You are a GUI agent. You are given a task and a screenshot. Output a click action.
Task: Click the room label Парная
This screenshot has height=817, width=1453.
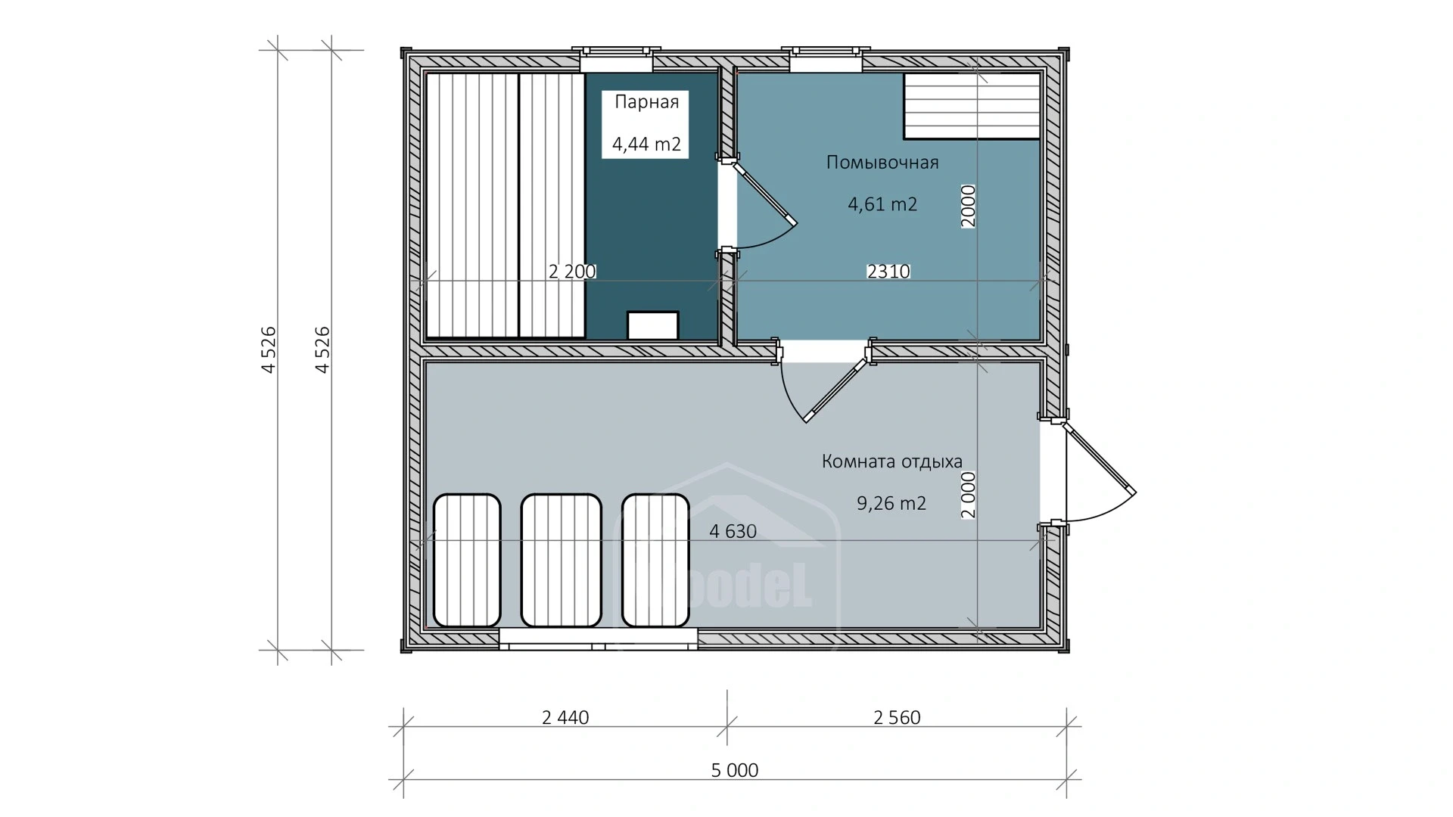coord(646,102)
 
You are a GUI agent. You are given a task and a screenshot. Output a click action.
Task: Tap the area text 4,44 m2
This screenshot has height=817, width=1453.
coord(646,144)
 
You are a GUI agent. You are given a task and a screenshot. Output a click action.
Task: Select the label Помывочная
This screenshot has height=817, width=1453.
coord(882,163)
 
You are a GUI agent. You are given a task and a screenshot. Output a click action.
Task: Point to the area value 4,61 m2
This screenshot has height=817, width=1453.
coord(882,203)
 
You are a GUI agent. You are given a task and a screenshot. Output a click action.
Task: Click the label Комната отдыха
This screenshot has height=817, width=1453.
coord(892,461)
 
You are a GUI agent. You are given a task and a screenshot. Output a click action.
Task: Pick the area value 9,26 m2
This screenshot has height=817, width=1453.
coord(891,503)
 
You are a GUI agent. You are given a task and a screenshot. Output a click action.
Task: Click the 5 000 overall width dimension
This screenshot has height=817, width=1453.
coord(735,770)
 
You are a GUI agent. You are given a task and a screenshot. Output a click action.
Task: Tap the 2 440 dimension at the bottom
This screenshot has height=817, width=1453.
coord(565,717)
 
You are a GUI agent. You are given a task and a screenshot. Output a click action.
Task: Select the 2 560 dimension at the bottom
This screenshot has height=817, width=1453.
coord(897,717)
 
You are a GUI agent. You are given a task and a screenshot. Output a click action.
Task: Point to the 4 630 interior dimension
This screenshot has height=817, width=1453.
coord(733,531)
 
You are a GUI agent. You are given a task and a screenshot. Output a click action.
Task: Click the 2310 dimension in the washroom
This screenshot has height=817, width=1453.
coord(888,271)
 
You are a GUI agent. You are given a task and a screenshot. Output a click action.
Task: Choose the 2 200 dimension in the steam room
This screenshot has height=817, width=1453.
coord(572,271)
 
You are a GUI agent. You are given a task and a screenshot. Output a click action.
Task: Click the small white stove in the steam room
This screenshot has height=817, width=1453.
coord(652,325)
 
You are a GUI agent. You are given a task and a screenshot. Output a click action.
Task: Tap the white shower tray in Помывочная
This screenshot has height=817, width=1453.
coord(972,106)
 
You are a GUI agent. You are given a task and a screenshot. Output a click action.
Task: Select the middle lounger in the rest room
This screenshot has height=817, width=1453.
coord(562,560)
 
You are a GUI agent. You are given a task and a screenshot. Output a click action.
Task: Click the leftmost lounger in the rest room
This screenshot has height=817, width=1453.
coord(466,560)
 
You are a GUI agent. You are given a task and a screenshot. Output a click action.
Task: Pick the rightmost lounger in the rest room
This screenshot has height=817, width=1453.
coord(655,560)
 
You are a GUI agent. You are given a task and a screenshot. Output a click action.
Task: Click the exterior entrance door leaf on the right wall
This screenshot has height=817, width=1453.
coord(1099,458)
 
